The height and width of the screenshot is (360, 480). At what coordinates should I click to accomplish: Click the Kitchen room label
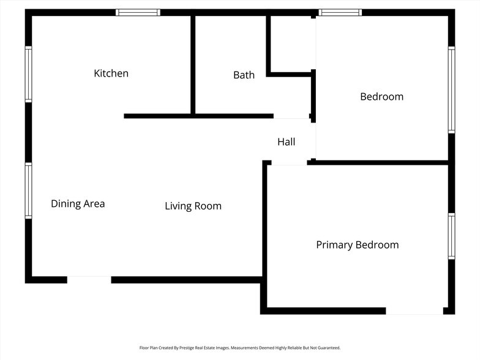coord(111,73)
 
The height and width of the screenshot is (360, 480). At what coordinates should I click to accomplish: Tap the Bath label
coord(244,75)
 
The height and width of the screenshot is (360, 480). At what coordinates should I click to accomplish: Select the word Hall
coord(287,142)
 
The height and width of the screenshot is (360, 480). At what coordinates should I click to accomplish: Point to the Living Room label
coord(193,206)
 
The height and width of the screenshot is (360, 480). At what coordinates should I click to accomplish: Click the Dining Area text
coord(78,204)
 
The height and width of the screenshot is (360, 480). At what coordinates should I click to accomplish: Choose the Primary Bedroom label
coord(358,245)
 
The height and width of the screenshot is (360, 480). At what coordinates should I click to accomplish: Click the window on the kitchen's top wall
coord(138,12)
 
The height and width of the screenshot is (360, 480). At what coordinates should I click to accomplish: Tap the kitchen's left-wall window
coord(28,75)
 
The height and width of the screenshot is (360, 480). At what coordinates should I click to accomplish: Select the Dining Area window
coord(28,191)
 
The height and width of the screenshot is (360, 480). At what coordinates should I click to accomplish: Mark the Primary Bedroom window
coord(452,236)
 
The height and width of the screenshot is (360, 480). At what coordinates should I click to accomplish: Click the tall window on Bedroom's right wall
coord(452,90)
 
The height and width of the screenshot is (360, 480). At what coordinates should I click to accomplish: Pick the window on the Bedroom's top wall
coord(340,12)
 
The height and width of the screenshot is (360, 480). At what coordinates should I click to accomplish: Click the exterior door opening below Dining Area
coord(89,280)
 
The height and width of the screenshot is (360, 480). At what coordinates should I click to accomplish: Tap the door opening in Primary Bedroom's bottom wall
coord(414,311)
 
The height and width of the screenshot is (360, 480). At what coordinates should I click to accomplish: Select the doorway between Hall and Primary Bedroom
coord(289,163)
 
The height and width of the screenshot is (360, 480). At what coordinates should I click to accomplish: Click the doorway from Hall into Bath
coord(291,116)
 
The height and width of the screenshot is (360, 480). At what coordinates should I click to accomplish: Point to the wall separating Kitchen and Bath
coord(193,65)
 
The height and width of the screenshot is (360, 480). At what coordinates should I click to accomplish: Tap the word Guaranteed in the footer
coord(329,348)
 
